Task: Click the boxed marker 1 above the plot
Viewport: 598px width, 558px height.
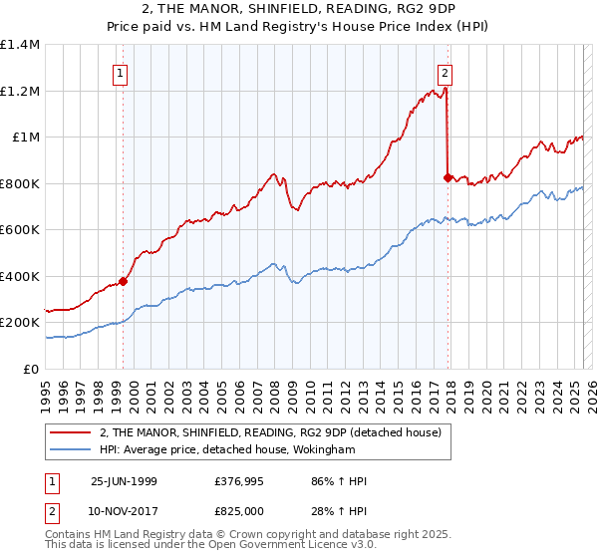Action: tap(121, 72)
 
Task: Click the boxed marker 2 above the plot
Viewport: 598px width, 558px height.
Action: tap(444, 72)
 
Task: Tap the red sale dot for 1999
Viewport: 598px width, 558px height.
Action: tap(124, 281)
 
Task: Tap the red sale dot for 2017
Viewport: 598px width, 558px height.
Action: tap(448, 177)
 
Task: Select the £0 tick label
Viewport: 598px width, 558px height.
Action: tap(30, 370)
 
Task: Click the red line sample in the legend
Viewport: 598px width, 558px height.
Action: tap(72, 431)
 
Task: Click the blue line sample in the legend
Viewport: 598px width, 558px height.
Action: tap(72, 449)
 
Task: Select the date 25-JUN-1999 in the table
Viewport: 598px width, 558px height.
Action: tap(124, 481)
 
